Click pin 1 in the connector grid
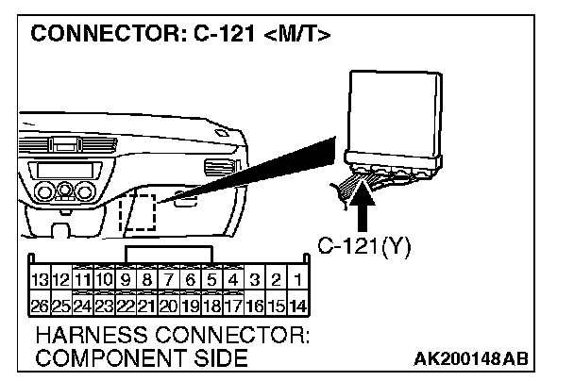pos(297,280)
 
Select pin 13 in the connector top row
pos(39,280)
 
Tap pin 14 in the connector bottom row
pos(297,305)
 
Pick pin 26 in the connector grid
pos(39,305)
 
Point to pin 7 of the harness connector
pos(168,280)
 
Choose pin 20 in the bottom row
pos(168,305)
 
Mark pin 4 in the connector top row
pos(233,280)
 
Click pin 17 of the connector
pos(233,305)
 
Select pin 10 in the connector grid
pos(104,280)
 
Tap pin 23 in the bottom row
pos(104,305)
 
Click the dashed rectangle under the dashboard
pos(138,210)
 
